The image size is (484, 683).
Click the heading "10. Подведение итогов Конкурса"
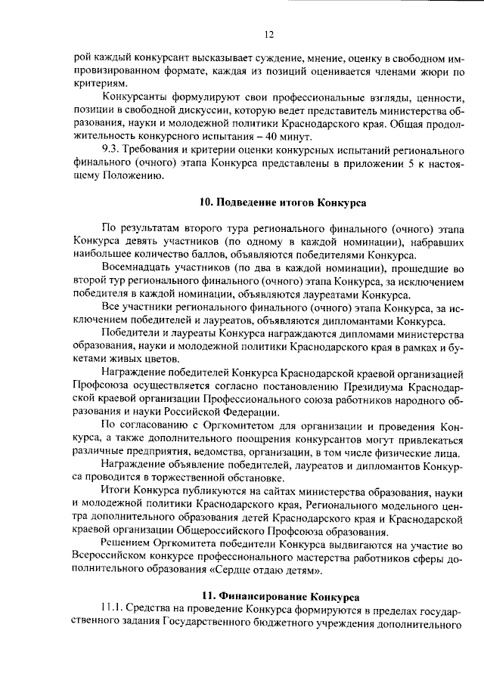(x=282, y=203)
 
